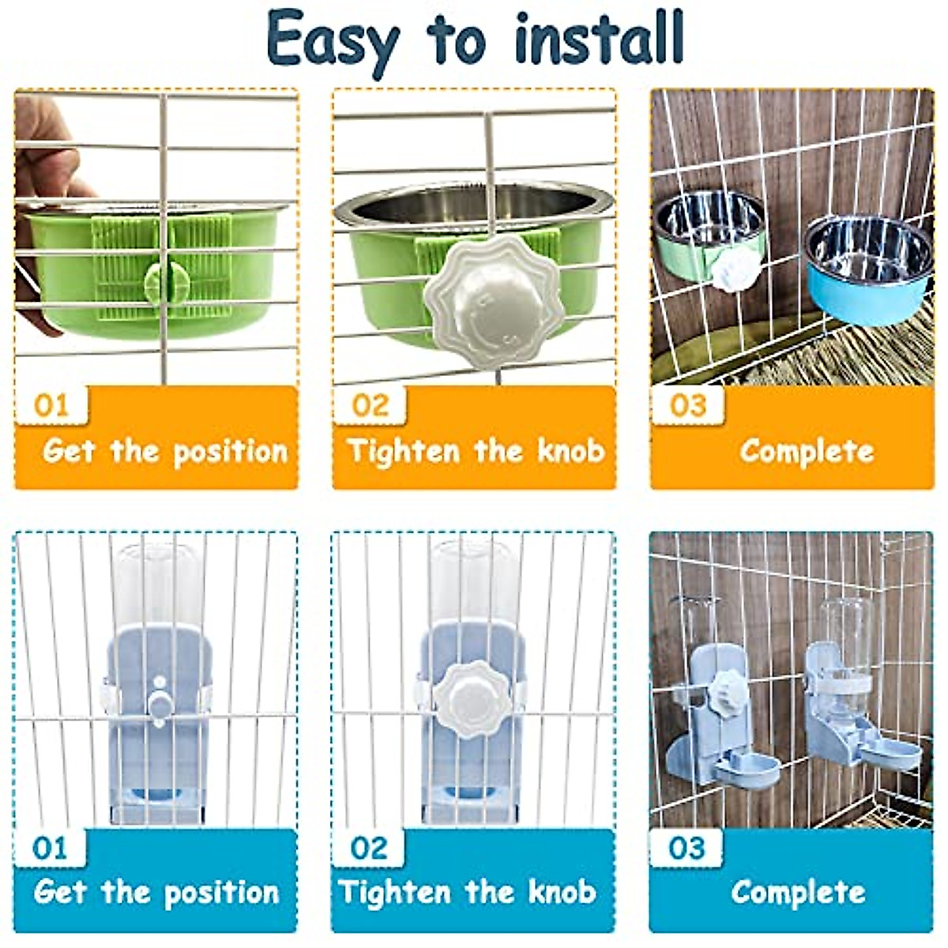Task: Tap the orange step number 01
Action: pos(52,406)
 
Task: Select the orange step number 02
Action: pos(370,406)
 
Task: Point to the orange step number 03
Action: pos(687,406)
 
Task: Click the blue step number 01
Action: pos(51,848)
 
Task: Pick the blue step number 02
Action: pos(369,848)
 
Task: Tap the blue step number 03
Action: pos(686,848)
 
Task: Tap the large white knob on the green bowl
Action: pos(472,300)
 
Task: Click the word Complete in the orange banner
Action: pos(807,451)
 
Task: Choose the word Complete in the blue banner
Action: pos(798,893)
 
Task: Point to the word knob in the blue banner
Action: pos(562,893)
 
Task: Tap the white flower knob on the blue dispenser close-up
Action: pos(472,699)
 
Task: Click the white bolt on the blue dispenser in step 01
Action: pos(160,702)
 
